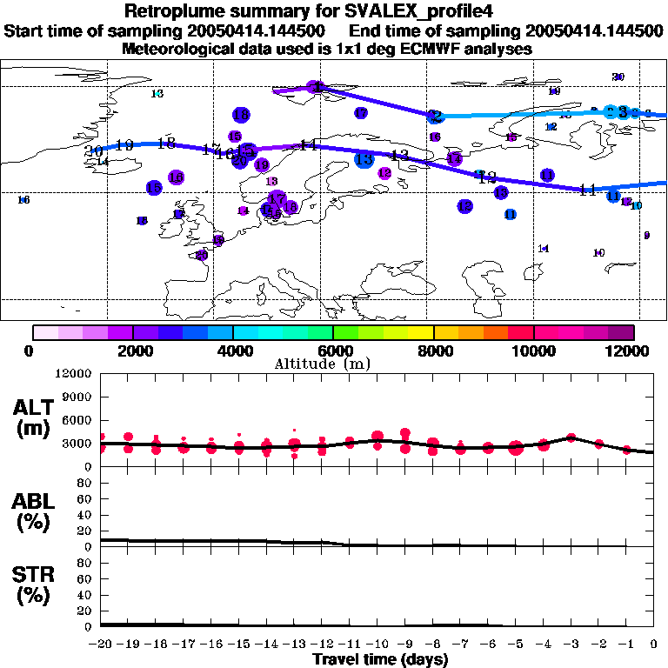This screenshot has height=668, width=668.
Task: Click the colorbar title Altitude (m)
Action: pos(334,364)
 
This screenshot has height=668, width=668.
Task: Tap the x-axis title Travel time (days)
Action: pos(380,659)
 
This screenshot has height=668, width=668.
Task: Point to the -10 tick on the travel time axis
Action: pos(377,645)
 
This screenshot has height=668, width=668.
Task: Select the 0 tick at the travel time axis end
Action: pos(654,645)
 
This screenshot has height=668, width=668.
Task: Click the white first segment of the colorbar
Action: pos(45,332)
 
